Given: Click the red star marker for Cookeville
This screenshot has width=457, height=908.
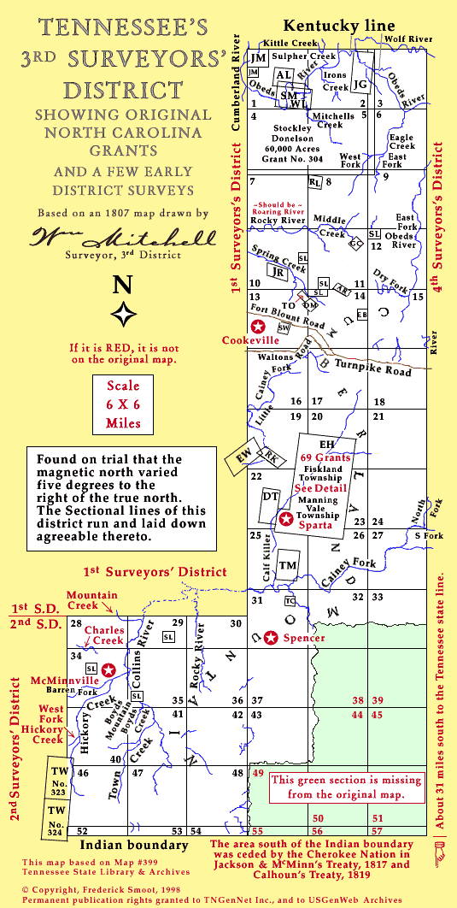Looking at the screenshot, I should pos(258,325).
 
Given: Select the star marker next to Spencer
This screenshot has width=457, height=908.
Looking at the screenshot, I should pos(271,638).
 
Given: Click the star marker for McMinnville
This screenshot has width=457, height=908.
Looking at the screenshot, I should pos(108,669).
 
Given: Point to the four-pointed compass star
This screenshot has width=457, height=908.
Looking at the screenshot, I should pos(125,314).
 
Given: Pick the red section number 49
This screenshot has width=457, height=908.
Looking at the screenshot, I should pos(258,773).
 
